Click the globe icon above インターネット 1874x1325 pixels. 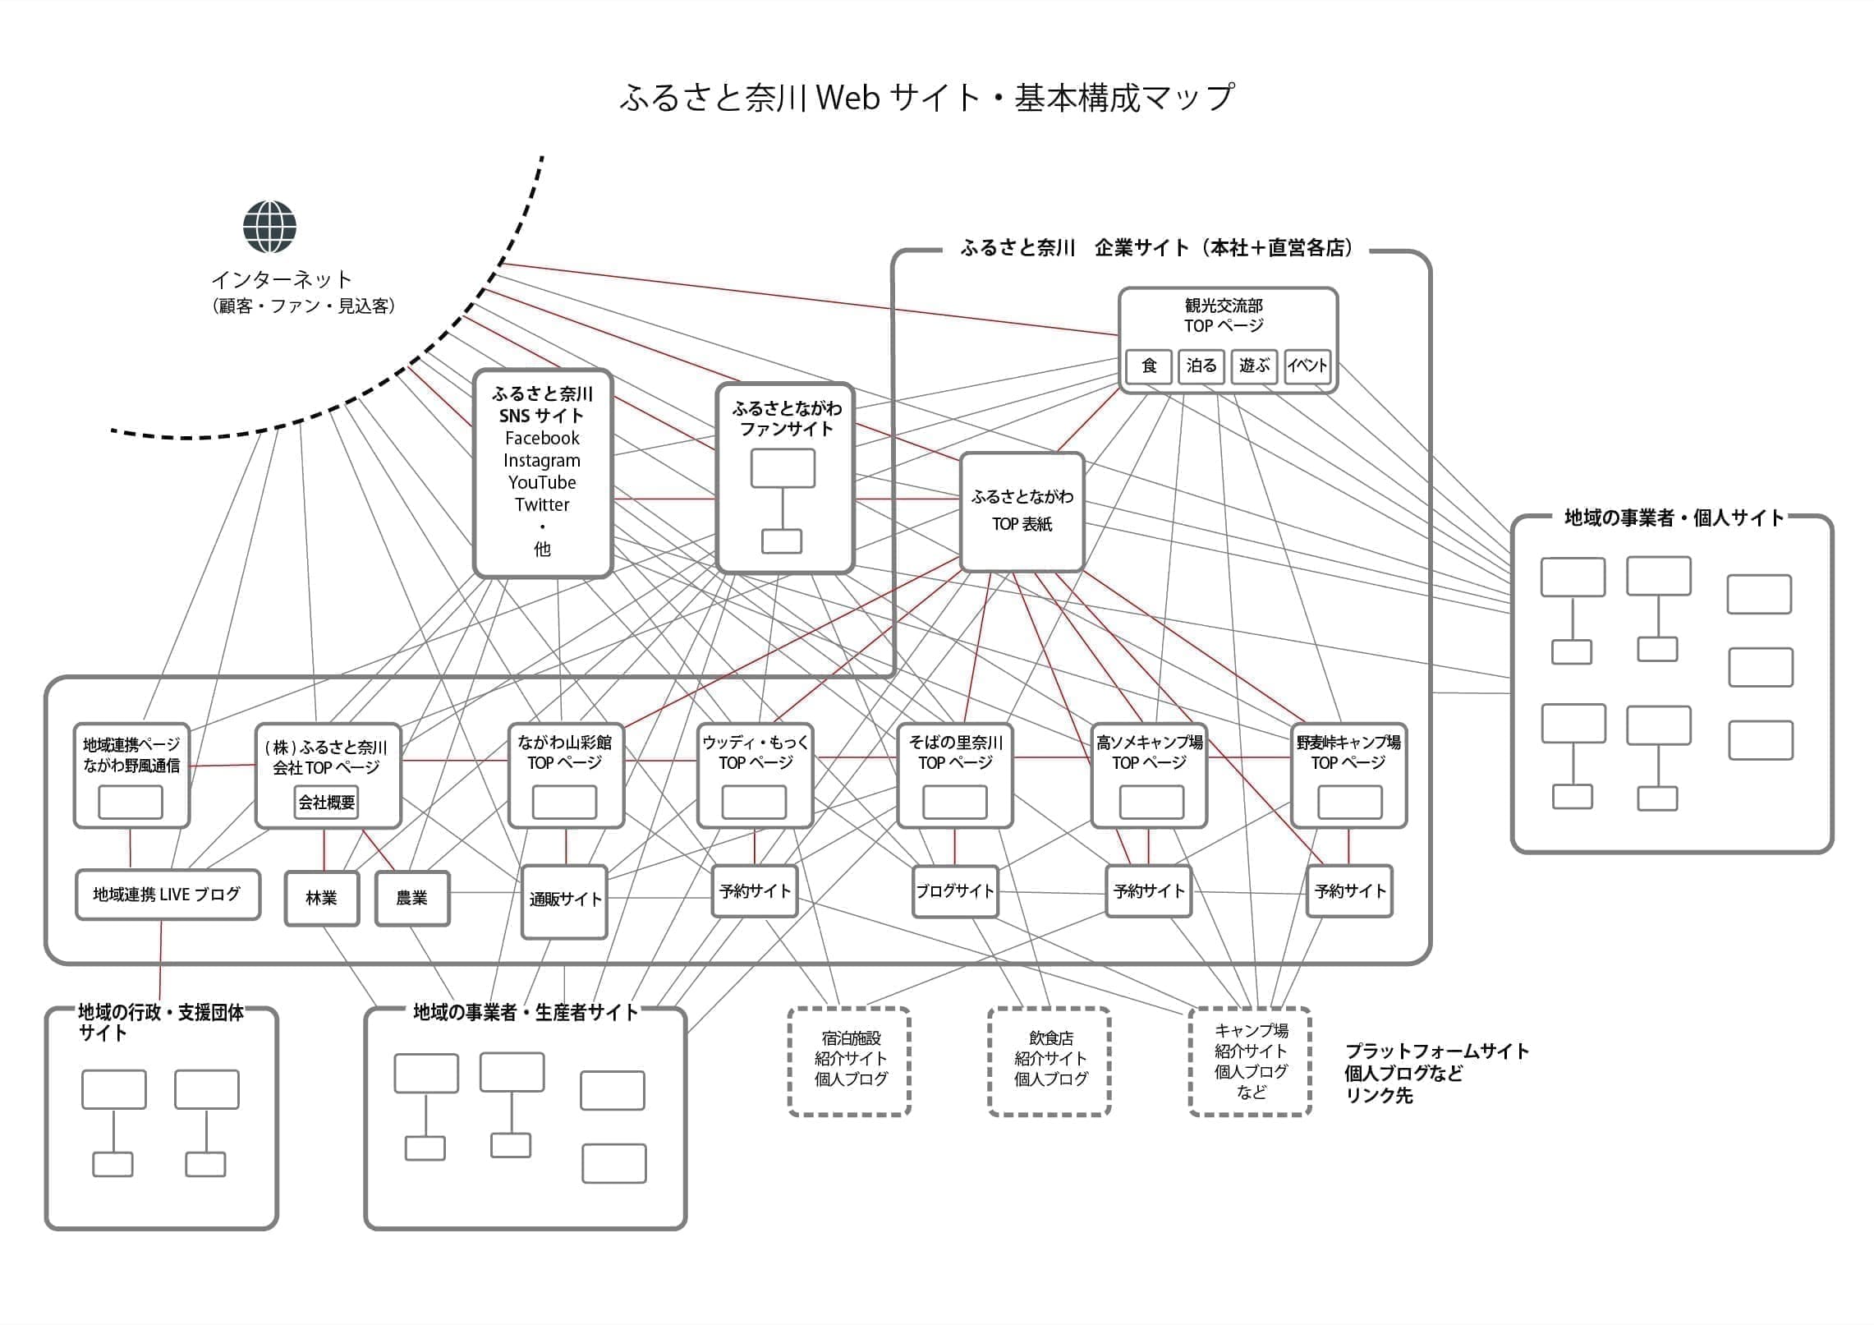tap(269, 227)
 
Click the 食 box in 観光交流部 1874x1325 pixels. tap(1149, 366)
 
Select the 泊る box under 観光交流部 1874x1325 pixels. tap(1201, 366)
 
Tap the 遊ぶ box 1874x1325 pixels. tap(1254, 366)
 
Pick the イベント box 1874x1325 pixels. tap(1307, 366)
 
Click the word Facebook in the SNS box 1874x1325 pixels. tap(542, 438)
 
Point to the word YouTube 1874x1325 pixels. tap(542, 482)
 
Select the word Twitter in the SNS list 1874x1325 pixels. tap(542, 504)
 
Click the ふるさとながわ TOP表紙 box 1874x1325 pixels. tap(1022, 511)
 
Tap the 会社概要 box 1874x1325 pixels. tap(327, 802)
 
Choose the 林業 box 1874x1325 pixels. tap(322, 898)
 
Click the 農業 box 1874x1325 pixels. tap(412, 898)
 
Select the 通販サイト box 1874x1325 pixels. tap(565, 900)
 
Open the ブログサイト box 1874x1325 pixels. tap(955, 891)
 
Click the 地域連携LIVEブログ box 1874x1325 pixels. tap(168, 895)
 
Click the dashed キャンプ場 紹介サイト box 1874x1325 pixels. tap(1251, 1060)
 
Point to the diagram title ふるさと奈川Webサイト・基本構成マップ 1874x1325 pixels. tap(926, 98)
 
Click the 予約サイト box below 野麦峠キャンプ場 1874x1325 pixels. tap(1349, 891)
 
